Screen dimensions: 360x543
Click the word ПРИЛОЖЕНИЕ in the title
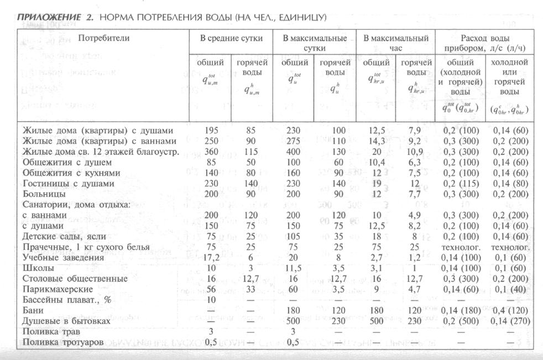click(x=49, y=18)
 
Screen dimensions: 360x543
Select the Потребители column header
click(x=103, y=38)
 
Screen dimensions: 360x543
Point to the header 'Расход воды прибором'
click(x=484, y=43)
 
